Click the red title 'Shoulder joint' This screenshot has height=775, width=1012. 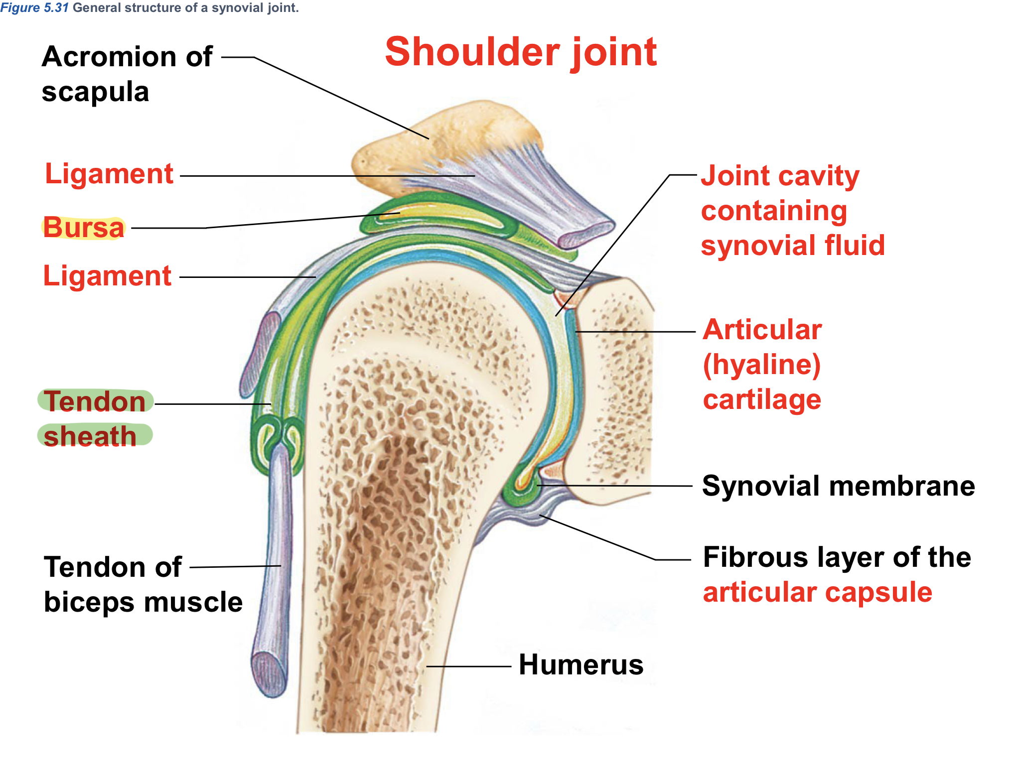(521, 52)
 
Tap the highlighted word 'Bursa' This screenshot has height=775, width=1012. (83, 228)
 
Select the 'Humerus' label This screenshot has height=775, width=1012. (580, 665)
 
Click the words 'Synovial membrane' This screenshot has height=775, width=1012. (838, 486)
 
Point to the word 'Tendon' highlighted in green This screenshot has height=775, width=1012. (95, 401)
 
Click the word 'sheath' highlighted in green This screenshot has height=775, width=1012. (90, 436)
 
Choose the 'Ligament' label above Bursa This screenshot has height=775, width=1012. (109, 174)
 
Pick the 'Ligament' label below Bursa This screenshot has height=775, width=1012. (107, 276)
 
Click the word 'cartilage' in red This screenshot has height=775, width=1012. (762, 400)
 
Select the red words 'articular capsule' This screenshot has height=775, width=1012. (817, 592)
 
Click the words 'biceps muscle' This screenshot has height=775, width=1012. (143, 602)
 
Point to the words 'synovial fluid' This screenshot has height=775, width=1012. (792, 246)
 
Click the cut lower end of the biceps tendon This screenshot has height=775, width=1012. (269, 675)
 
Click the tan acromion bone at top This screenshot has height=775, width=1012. (448, 134)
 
